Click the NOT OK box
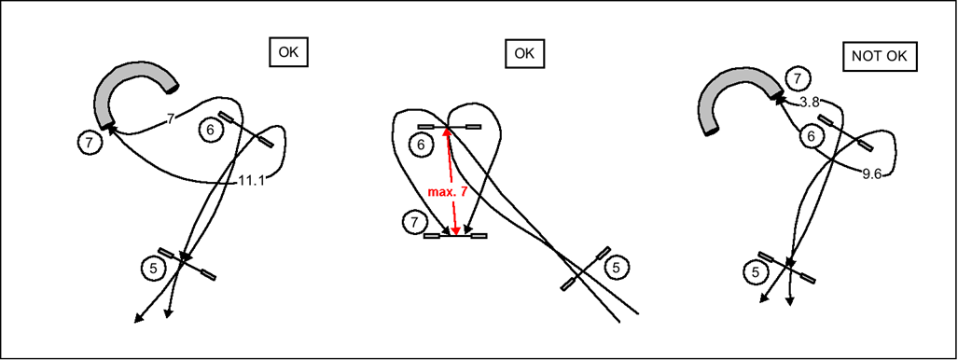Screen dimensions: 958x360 pyautogui.click(x=880, y=56)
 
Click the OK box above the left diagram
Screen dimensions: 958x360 pyautogui.click(x=288, y=52)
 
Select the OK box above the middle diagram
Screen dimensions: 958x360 pyautogui.click(x=524, y=53)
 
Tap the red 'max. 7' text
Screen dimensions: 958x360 pyautogui.click(x=447, y=192)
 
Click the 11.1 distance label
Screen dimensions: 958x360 pyautogui.click(x=251, y=181)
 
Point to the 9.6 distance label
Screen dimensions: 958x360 pyautogui.click(x=872, y=174)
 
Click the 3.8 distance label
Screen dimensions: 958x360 pyautogui.click(x=809, y=103)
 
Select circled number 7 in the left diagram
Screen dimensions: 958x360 pyautogui.click(x=90, y=143)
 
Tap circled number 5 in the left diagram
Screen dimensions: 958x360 pyautogui.click(x=153, y=268)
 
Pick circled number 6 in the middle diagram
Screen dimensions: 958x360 pyautogui.click(x=420, y=145)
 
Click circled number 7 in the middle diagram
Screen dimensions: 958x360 pyautogui.click(x=413, y=221)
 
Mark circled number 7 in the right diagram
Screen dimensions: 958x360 pyautogui.click(x=798, y=79)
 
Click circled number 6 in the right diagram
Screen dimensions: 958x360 pyautogui.click(x=812, y=137)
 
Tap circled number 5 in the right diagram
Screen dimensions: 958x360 pyautogui.click(x=756, y=272)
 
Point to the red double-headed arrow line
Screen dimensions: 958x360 pyautogui.click(x=451, y=181)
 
